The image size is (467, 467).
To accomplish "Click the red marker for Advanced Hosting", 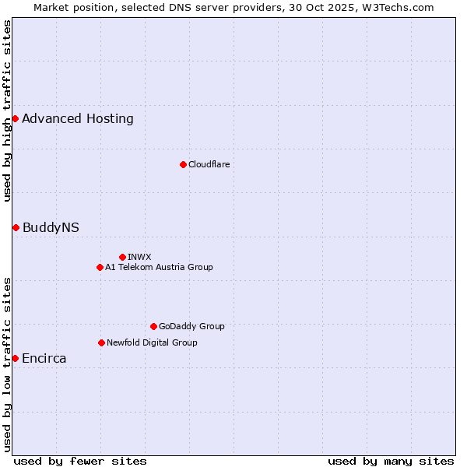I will [x=15, y=118].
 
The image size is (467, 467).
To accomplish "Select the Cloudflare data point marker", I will [x=183, y=164].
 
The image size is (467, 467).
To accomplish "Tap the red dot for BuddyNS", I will [x=16, y=227].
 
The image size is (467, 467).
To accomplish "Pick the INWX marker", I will [x=122, y=257].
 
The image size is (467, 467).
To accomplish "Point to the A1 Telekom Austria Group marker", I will [x=100, y=267].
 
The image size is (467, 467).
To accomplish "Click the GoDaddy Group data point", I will [x=153, y=326].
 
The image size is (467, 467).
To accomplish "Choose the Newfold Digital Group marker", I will [x=101, y=342].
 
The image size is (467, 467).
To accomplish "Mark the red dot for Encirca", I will [x=15, y=358].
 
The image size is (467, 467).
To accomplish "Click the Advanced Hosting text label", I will [x=78, y=119].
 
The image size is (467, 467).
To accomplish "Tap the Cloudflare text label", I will [x=209, y=164].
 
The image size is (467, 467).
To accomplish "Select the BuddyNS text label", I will [x=51, y=228].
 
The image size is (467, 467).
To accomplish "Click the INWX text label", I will [x=139, y=257].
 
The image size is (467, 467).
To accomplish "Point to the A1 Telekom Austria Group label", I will [x=159, y=267].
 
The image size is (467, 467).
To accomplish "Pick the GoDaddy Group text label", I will [x=191, y=326].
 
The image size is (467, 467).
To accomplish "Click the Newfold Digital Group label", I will [x=152, y=342].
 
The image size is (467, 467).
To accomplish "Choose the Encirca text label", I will [x=44, y=359].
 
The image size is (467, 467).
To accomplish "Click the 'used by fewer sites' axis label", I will [x=80, y=462].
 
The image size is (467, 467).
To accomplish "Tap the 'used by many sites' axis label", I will [x=391, y=462].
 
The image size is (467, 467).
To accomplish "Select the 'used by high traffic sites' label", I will [x=7, y=111].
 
